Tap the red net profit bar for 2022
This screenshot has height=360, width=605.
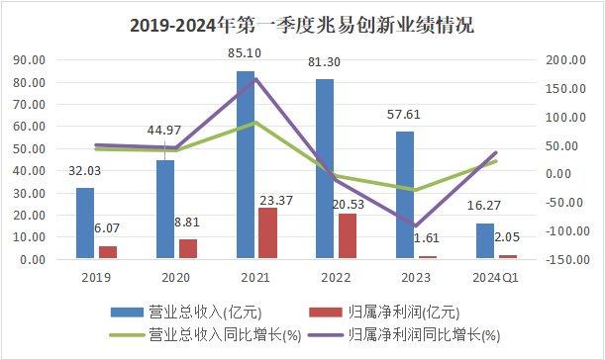[x=347, y=236]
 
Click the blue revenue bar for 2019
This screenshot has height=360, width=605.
[x=85, y=224]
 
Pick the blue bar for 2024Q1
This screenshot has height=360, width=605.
[x=484, y=240]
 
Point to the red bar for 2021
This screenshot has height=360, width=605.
[x=267, y=233]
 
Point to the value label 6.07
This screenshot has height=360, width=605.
[x=108, y=227]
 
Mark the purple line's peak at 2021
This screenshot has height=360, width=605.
[x=255, y=78]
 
